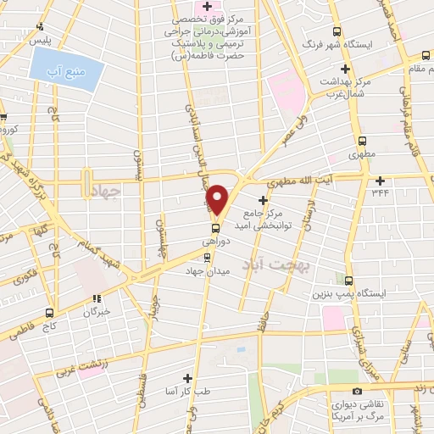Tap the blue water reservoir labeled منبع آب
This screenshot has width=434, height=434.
(x=67, y=64)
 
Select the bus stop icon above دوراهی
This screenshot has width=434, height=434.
(x=214, y=227)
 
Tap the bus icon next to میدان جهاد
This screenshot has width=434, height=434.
(x=209, y=257)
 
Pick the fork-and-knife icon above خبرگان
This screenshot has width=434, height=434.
(x=97, y=298)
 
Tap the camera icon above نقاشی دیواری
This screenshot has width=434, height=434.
(x=357, y=391)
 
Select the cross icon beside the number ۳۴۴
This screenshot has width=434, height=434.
(x=380, y=180)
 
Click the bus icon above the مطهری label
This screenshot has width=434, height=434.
(x=363, y=142)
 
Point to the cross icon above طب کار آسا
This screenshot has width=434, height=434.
(x=187, y=378)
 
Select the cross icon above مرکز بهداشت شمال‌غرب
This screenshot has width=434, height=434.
(x=344, y=69)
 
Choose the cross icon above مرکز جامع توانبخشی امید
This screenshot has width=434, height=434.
(x=264, y=200)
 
